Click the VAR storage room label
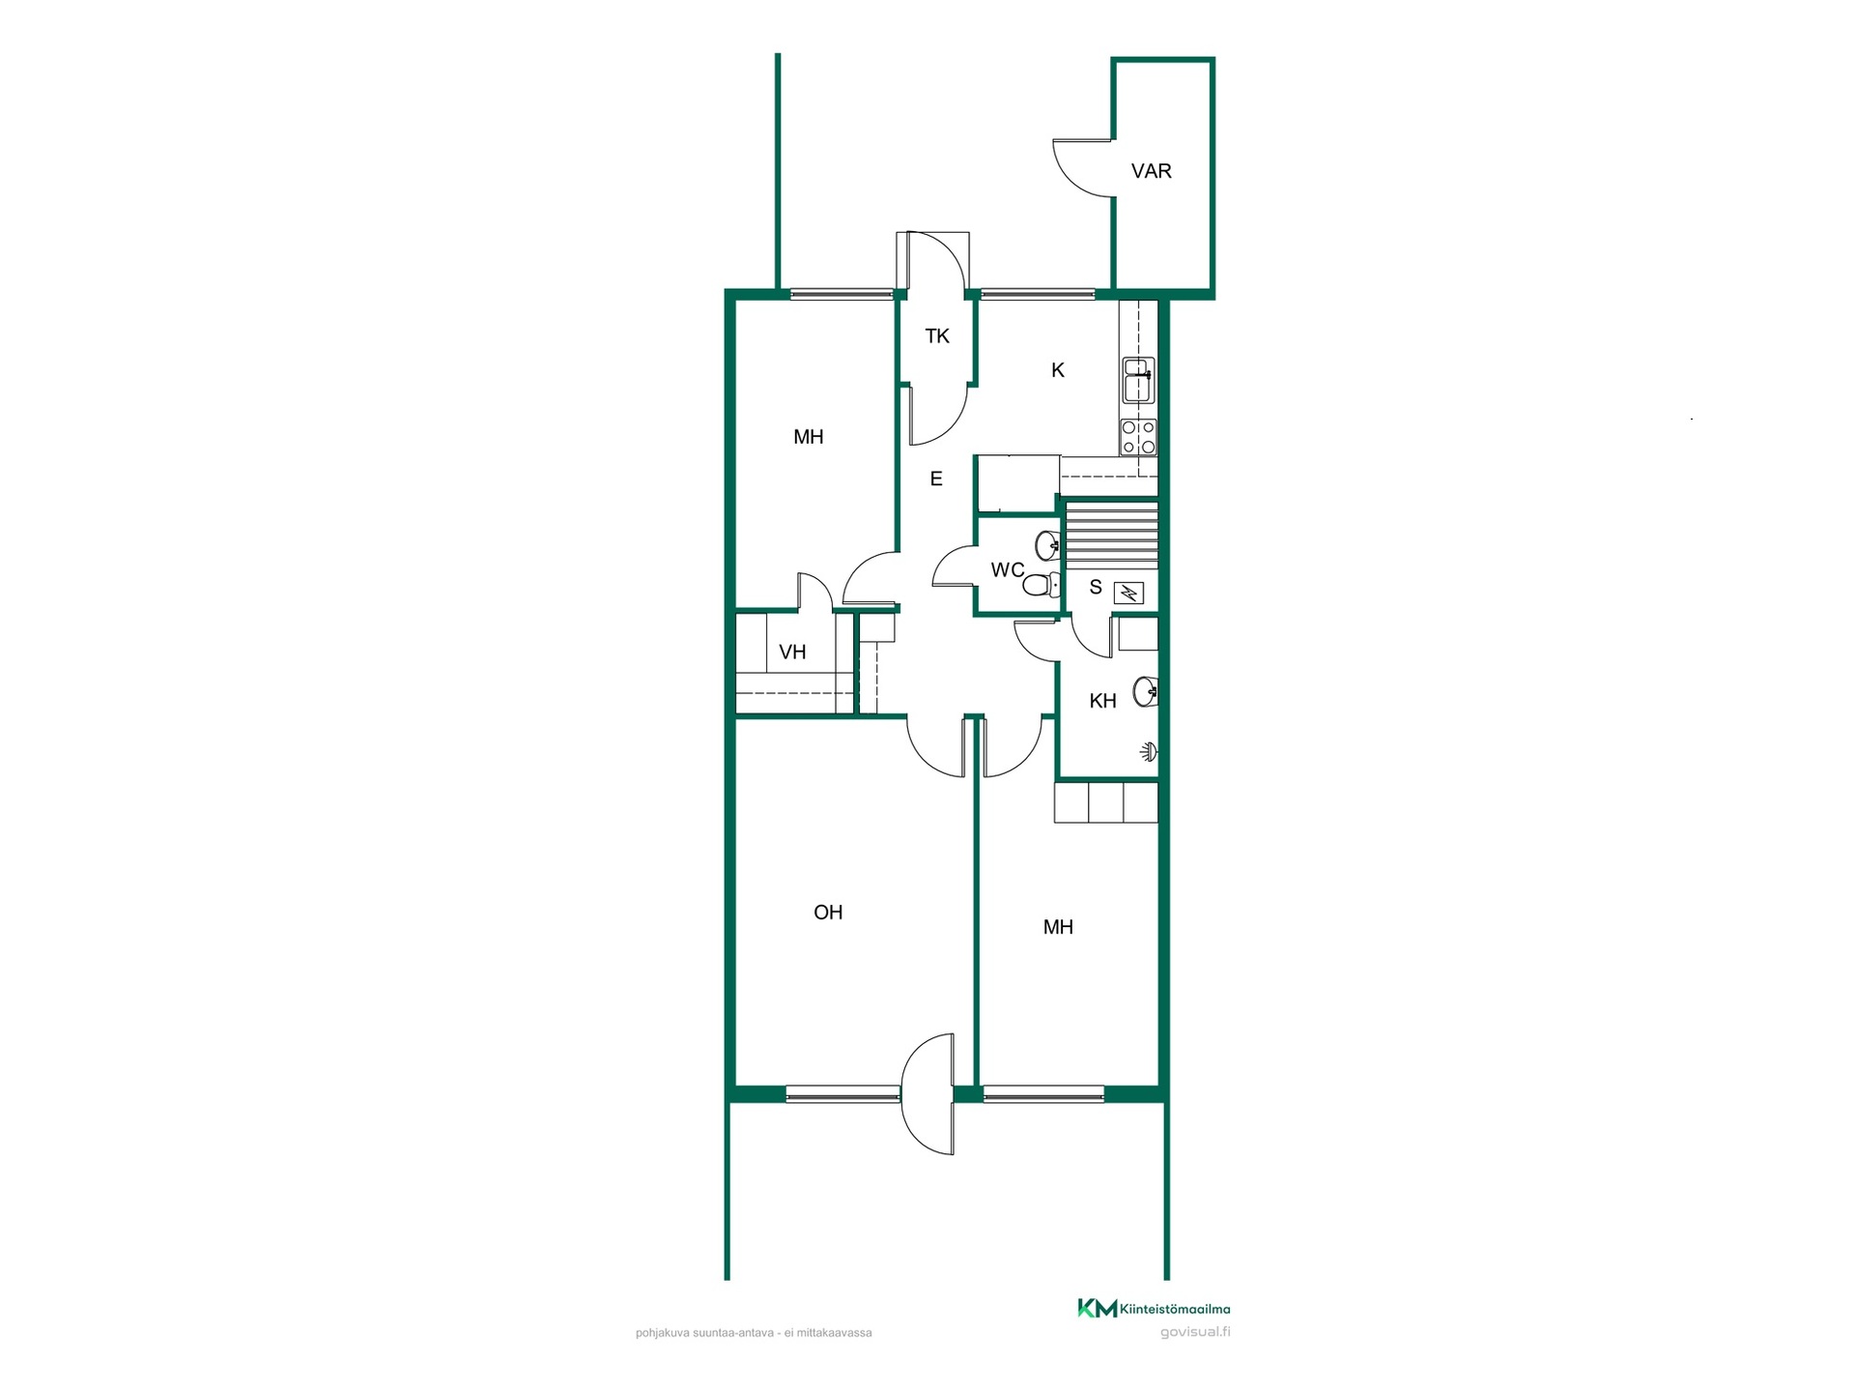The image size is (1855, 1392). (x=1151, y=171)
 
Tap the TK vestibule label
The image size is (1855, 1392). (x=937, y=336)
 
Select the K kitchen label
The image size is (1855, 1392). (x=1058, y=370)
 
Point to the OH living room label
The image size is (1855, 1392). (x=828, y=913)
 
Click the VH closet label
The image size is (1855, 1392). (x=792, y=652)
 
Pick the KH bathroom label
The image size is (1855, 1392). (x=1102, y=702)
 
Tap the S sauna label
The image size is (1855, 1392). (x=1096, y=588)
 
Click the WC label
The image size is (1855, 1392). (x=1008, y=570)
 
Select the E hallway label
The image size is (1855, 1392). (x=936, y=479)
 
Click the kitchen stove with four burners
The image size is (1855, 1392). (x=1138, y=437)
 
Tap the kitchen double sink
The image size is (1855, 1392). (x=1139, y=380)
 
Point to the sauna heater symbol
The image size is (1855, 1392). (x=1128, y=593)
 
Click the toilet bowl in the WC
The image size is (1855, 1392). (x=1039, y=585)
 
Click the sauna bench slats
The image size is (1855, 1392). (x=1111, y=535)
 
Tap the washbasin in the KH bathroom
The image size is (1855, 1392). (x=1146, y=691)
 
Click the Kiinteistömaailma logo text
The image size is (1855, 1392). (x=1175, y=1310)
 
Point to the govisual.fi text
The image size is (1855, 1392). (x=1195, y=1332)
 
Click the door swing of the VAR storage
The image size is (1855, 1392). (x=1083, y=169)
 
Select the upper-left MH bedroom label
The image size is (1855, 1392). (x=809, y=437)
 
